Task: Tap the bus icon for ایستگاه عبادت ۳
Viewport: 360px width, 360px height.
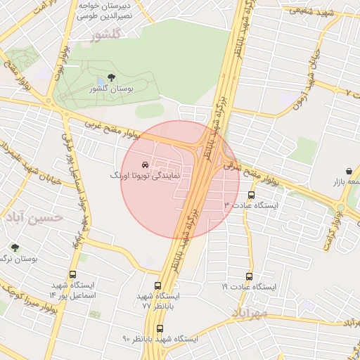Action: point(252,195)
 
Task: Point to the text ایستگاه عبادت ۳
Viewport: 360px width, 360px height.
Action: point(251,205)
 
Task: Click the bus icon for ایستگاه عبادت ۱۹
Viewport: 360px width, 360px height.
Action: point(249,277)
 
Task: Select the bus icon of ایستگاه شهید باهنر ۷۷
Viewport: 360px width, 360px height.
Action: point(157,286)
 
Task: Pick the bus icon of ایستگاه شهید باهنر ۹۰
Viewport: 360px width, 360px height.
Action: point(160,328)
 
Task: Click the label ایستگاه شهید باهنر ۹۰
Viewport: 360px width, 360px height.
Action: point(160,339)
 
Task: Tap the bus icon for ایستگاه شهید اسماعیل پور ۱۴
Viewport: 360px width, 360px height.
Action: point(72,275)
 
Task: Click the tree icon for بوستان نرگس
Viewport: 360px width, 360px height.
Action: point(15,247)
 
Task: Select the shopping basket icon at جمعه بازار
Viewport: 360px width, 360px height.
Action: point(349,171)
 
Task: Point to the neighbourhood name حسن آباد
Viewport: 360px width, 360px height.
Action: point(32,218)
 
